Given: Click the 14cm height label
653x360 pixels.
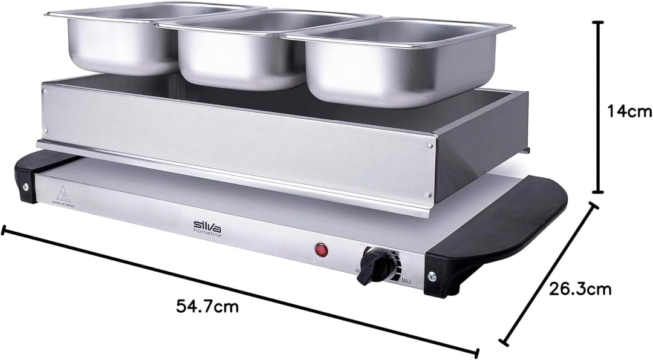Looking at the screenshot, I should pyautogui.click(x=629, y=111).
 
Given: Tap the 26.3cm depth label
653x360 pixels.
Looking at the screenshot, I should pyautogui.click(x=580, y=289).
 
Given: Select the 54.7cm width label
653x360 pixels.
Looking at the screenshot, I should pyautogui.click(x=207, y=307).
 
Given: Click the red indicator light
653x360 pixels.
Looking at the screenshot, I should pyautogui.click(x=320, y=249).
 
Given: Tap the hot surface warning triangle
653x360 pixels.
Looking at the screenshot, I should pyautogui.click(x=62, y=193).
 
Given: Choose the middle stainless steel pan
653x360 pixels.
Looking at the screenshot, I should pyautogui.click(x=242, y=51).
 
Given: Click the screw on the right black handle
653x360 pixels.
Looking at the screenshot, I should pyautogui.click(x=432, y=277).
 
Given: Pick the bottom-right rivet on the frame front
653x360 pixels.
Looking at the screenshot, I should pyautogui.click(x=429, y=194).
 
